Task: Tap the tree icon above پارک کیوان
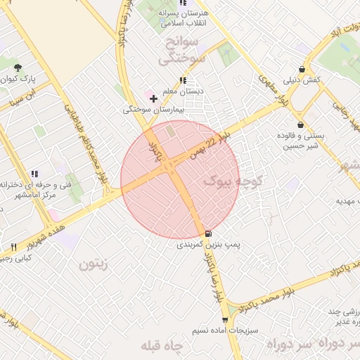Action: pyautogui.click(x=18, y=67)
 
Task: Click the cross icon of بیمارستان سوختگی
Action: pyautogui.click(x=154, y=98)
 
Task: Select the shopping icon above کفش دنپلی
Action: pyautogui.click(x=302, y=70)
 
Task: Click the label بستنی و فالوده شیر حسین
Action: pyautogui.click(x=300, y=141)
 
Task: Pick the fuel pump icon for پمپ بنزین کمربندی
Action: pyautogui.click(x=207, y=233)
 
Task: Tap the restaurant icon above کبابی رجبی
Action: pyautogui.click(x=13, y=247)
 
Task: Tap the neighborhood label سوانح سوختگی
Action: pyautogui.click(x=181, y=51)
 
